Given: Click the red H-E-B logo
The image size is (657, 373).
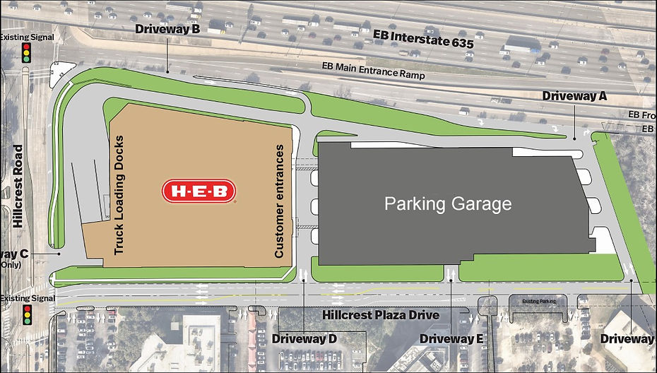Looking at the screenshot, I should point(199,191).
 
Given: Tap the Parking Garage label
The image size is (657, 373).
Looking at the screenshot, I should point(447,205).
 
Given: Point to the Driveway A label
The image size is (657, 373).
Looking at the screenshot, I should point(574,95).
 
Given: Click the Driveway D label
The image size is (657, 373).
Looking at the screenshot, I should point(304,339).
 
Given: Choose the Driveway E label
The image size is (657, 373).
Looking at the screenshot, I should point(451,339).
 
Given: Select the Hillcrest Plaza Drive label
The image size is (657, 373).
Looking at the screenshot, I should point(381,315).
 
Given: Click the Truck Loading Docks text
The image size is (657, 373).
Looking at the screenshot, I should point(119,191).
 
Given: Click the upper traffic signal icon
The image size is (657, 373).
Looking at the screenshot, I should point(27,53).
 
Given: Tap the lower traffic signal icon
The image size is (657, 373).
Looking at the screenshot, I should point(27,315).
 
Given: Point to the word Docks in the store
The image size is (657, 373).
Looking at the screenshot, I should point(119,149).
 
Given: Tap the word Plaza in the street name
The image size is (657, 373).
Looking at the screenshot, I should point(385,315).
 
